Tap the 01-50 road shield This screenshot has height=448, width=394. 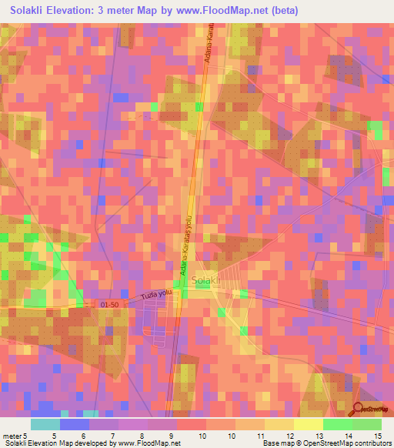coord(110,306)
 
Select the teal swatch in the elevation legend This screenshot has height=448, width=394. coord(45,424)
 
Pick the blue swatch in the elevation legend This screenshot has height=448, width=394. coord(74,424)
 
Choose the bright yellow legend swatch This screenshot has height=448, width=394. coord(308,424)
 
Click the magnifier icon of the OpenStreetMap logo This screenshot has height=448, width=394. coord(358,409)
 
